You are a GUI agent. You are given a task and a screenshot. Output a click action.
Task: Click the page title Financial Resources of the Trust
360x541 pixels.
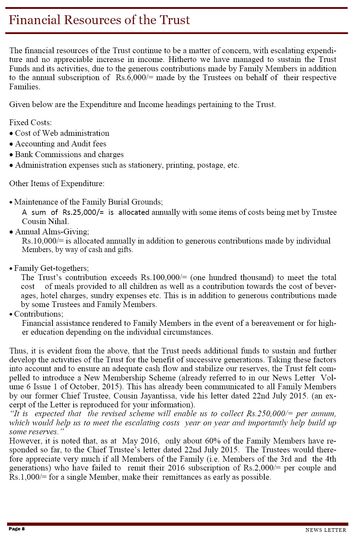point(99,20)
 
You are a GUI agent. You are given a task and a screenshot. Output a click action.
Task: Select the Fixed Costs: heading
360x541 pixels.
point(30,123)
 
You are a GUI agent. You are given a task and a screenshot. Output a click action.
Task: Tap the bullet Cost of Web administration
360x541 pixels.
point(62,133)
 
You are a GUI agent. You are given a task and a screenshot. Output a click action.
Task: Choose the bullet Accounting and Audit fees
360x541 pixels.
point(61,144)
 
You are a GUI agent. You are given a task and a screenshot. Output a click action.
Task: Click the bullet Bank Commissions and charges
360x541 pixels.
point(69,155)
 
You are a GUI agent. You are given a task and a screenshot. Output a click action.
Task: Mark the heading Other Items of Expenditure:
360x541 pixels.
point(57,184)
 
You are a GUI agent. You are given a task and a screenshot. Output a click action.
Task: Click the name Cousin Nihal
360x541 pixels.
point(45,222)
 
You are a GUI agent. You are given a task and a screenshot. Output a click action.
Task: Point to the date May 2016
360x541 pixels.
point(141,441)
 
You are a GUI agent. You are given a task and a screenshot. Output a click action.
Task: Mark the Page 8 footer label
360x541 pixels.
point(17,529)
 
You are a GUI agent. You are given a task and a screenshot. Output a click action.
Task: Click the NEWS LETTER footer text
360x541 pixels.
point(326,530)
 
